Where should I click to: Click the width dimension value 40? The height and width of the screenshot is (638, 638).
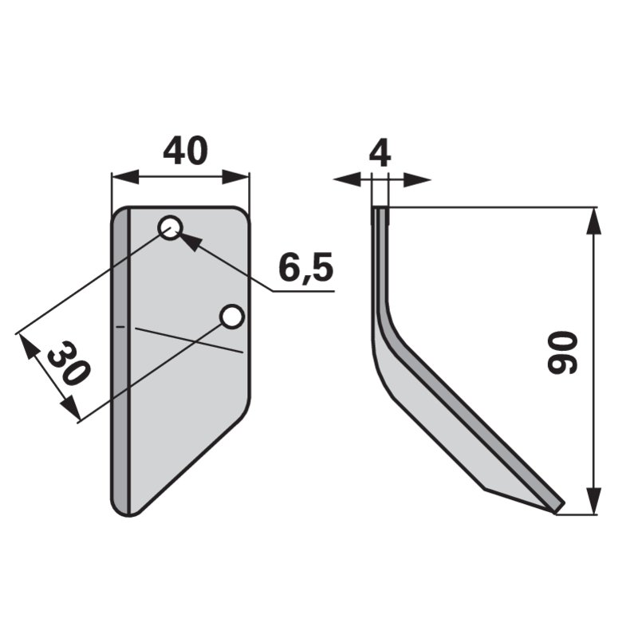185,150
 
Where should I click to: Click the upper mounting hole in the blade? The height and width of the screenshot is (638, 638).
170,229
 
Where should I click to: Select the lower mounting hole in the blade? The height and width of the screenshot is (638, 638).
232,317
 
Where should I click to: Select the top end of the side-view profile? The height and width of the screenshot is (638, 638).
380,210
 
